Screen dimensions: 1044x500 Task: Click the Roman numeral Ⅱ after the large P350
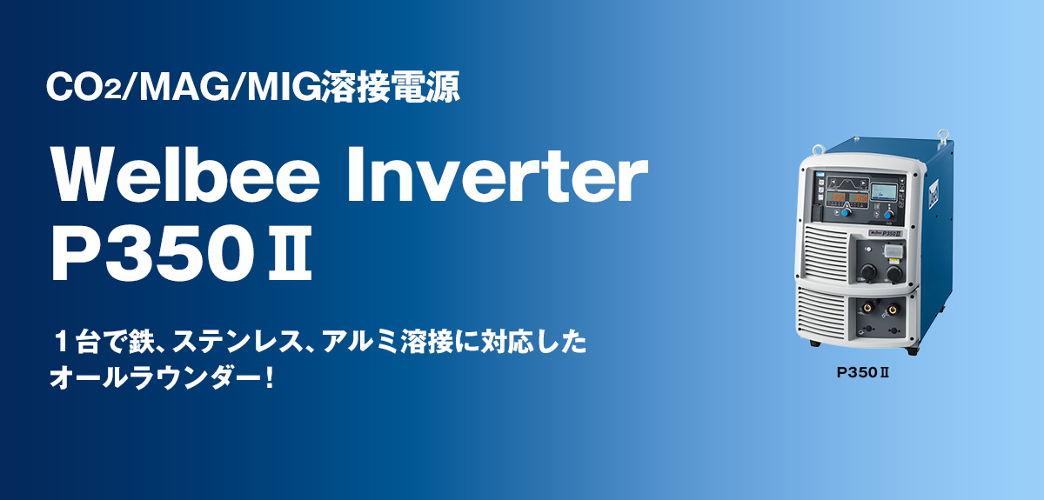point(290,254)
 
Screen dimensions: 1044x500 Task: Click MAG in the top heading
point(182,87)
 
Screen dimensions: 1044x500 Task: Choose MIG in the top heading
point(284,87)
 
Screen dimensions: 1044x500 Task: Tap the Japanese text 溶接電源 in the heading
point(391,86)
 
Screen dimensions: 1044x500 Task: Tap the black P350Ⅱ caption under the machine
point(862,373)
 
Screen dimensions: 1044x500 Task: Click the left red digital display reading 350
point(838,197)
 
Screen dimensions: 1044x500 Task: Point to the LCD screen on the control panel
point(884,192)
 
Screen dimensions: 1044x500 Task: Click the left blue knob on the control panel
point(845,213)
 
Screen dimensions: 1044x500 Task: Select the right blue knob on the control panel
point(889,215)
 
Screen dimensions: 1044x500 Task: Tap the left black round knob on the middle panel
point(868,271)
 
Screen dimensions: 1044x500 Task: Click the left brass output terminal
point(867,308)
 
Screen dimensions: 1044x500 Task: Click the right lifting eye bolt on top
point(942,136)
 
